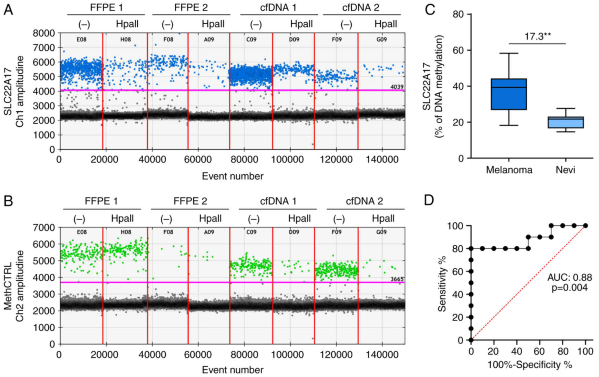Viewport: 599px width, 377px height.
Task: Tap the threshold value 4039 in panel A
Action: pyautogui.click(x=397, y=87)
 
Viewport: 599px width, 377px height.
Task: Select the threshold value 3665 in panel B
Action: pyautogui.click(x=397, y=279)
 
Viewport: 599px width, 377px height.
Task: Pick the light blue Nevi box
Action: pyautogui.click(x=566, y=122)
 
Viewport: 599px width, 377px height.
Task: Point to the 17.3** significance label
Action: pyautogui.click(x=537, y=37)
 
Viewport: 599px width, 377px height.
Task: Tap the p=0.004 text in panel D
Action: pyautogui.click(x=570, y=287)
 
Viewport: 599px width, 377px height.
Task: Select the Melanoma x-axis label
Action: pyautogui.click(x=509, y=170)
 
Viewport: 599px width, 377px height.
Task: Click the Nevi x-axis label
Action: pyautogui.click(x=565, y=170)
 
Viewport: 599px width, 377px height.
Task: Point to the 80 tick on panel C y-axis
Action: pyautogui.click(x=458, y=14)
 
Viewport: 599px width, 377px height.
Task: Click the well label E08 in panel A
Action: pyautogui.click(x=82, y=39)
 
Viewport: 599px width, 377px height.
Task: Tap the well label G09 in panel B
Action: pyautogui.click(x=381, y=232)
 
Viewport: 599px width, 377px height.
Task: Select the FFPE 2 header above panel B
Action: pyautogui.click(x=190, y=201)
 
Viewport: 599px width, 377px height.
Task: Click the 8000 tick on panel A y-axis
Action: pyautogui.click(x=44, y=33)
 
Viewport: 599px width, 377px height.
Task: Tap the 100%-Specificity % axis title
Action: pyautogui.click(x=530, y=365)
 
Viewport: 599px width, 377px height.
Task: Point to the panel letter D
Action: pyautogui.click(x=429, y=200)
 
